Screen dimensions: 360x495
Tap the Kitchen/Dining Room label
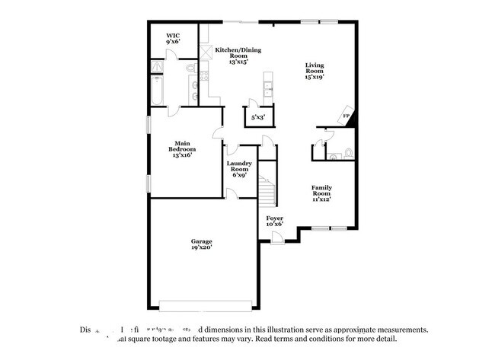coord(238,56)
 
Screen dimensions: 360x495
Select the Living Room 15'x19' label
coord(315,71)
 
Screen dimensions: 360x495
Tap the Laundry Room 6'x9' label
coord(239,169)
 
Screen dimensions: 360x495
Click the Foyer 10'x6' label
coord(274,221)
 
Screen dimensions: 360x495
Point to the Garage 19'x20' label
coord(201,244)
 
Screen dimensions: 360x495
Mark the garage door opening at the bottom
coord(206,307)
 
